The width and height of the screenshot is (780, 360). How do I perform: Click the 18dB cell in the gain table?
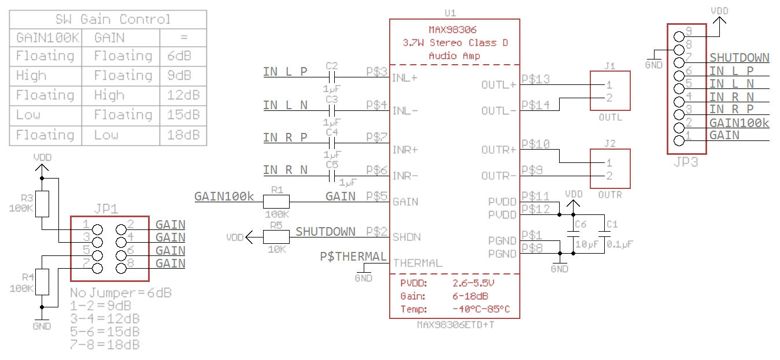183,135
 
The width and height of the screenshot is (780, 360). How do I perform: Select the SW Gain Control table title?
113,19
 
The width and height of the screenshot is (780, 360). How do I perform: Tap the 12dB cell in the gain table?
183,95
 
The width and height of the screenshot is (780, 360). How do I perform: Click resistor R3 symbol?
42,203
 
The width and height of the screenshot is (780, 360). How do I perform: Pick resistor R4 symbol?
42,282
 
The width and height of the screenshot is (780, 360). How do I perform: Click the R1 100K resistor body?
276,201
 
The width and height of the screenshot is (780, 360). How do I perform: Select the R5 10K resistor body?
276,236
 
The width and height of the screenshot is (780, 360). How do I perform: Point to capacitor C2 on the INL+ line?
332,76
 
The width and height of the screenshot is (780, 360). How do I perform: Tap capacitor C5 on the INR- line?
332,175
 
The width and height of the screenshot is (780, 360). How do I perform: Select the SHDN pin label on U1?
407,237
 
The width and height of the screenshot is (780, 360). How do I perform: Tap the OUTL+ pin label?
498,85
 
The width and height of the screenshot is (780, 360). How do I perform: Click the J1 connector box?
609,91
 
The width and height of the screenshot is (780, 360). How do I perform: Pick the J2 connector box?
609,168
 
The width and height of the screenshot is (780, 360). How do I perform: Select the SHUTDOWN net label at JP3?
739,58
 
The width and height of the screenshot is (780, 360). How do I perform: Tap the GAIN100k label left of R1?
224,196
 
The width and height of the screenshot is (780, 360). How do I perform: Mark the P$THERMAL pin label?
353,257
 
